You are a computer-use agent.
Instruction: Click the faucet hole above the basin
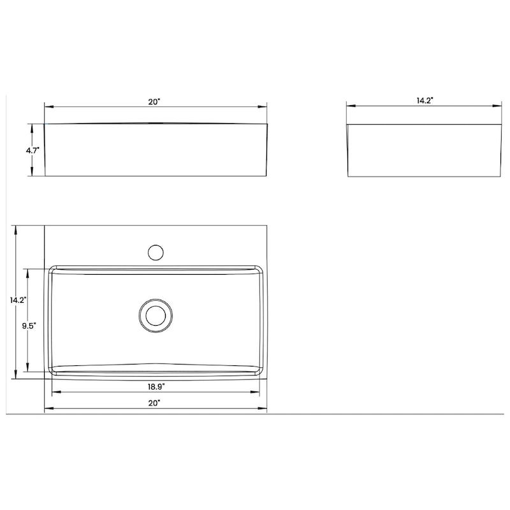click(154, 252)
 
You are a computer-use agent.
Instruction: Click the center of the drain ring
click(154, 315)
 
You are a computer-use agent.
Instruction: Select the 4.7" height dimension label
click(33, 150)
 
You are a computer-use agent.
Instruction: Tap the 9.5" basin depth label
click(28, 326)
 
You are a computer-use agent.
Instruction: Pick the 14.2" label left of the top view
click(17, 300)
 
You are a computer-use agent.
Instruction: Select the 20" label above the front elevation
click(155, 101)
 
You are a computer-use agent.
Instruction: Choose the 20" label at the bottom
click(154, 403)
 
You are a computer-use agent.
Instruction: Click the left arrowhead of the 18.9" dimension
click(54, 391)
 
